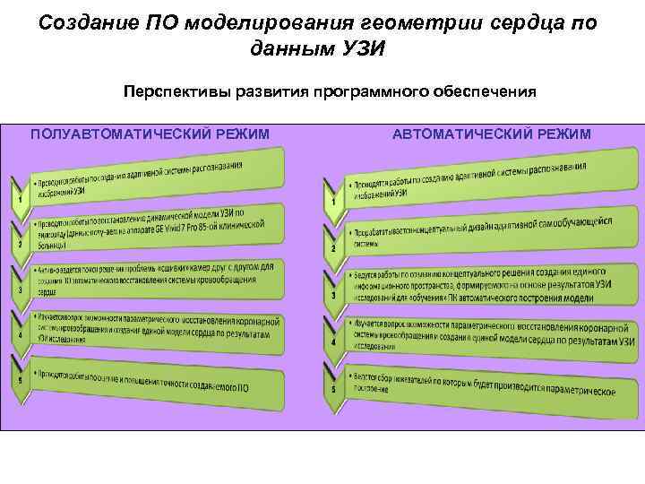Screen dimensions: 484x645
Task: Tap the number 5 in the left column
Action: click(20, 381)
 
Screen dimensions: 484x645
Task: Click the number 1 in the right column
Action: click(334, 203)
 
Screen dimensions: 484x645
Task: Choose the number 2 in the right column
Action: click(334, 248)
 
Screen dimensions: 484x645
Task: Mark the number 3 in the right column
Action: click(334, 296)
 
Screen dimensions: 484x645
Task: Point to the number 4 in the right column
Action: click(334, 342)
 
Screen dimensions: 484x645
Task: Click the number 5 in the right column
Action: click(334, 389)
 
